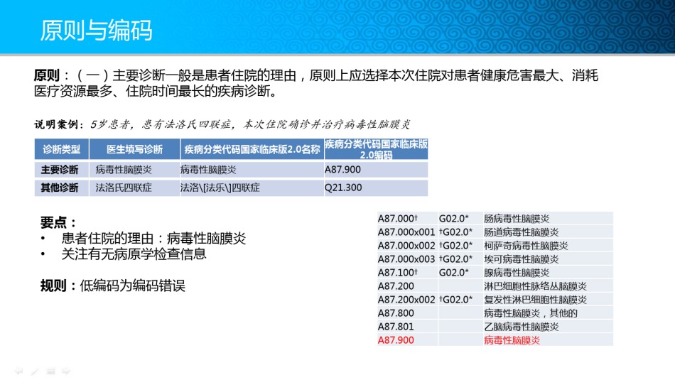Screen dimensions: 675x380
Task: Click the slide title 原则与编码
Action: pyautogui.click(x=96, y=30)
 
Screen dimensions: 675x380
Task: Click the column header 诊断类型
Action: pyautogui.click(x=62, y=149)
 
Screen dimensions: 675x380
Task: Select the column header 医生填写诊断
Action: pyautogui.click(x=135, y=149)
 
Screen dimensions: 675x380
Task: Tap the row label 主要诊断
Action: pyautogui.click(x=60, y=170)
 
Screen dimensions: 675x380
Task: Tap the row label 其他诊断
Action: pyautogui.click(x=60, y=188)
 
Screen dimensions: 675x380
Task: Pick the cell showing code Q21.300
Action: pyautogui.click(x=343, y=188)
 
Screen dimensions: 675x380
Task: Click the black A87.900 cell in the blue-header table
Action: pyautogui.click(x=342, y=170)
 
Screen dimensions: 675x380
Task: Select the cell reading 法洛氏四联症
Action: pyautogui.click(x=124, y=188)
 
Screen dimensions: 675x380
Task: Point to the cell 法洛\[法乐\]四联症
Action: pyautogui.click(x=220, y=188)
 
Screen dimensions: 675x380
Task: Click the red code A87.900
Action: pyautogui.click(x=396, y=340)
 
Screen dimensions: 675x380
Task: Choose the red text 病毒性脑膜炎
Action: pyautogui.click(x=512, y=340)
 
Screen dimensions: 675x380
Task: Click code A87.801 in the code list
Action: pyautogui.click(x=396, y=327)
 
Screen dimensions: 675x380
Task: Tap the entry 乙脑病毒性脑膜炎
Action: pyautogui.click(x=522, y=327)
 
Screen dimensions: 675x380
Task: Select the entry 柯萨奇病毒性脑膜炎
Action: pyautogui.click(x=526, y=246)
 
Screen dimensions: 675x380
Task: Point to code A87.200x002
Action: pyautogui.click(x=406, y=300)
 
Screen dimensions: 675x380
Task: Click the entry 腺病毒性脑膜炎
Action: pyautogui.click(x=517, y=273)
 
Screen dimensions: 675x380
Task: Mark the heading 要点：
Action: pyautogui.click(x=58, y=222)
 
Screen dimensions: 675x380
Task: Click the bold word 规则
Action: pyautogui.click(x=53, y=286)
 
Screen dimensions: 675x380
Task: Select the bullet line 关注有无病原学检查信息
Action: pyautogui.click(x=134, y=254)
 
